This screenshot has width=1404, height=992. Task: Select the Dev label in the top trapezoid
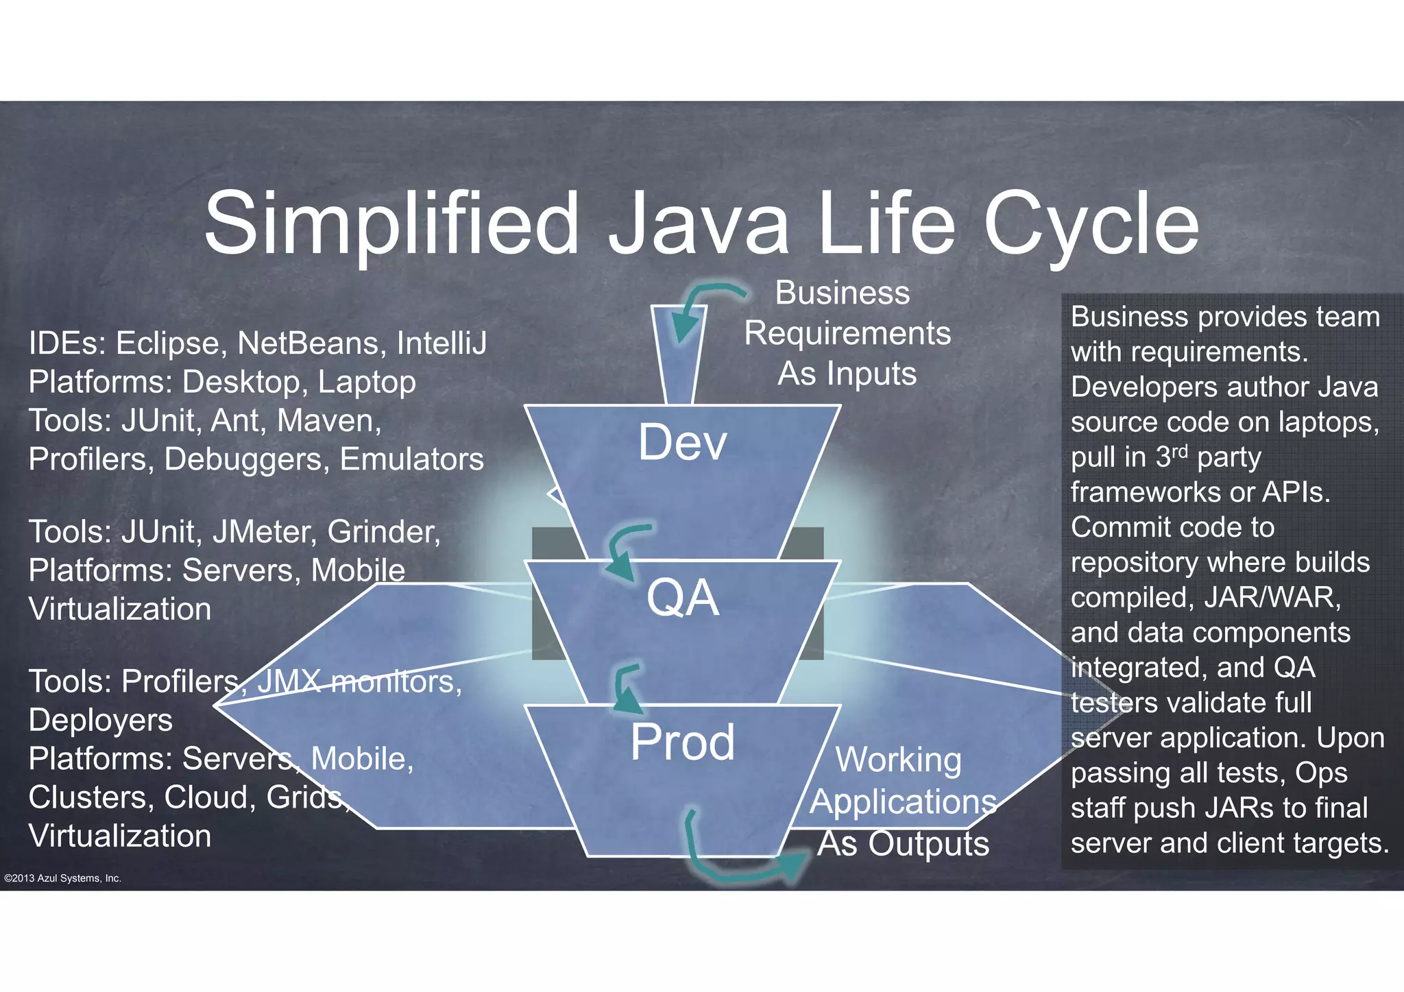coord(682,442)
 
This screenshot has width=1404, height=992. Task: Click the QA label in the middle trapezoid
coord(683,598)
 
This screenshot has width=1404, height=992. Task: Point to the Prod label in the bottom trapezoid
coord(683,742)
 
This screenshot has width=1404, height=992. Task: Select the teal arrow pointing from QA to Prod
coord(625,689)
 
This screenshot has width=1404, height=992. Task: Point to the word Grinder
coord(384,532)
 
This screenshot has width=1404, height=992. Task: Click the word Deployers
coord(101,721)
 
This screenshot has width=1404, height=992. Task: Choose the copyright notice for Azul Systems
coord(62,878)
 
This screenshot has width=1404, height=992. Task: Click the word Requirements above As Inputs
coord(847,334)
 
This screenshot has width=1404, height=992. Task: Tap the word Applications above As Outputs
coord(903,801)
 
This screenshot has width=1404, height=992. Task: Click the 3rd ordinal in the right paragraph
coord(1171,457)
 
